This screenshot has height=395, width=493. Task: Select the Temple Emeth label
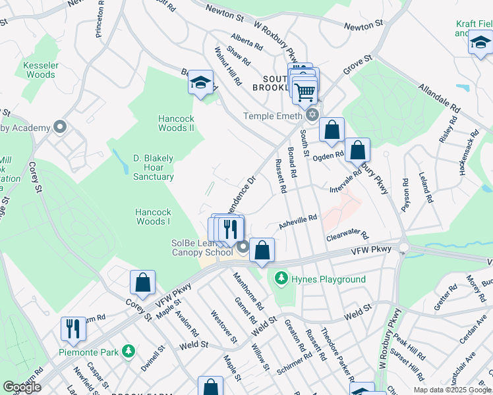pos(272,116)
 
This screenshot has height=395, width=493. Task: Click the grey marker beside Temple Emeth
pos(312,116)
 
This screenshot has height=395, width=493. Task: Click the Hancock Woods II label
pos(176,123)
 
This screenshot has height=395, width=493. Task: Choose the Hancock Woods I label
pos(153,217)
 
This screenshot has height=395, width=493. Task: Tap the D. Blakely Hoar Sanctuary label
pos(154,167)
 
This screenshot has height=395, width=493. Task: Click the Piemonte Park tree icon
pos(130,352)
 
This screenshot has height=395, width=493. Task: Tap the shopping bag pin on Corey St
pos(142,283)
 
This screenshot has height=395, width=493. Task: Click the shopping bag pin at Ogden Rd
pos(357,151)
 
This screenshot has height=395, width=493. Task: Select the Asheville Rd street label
pos(298,221)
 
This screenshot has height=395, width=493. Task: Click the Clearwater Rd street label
pos(346,235)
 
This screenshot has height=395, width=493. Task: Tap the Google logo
pos(22,387)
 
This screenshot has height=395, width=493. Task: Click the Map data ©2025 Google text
pos(451,390)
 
